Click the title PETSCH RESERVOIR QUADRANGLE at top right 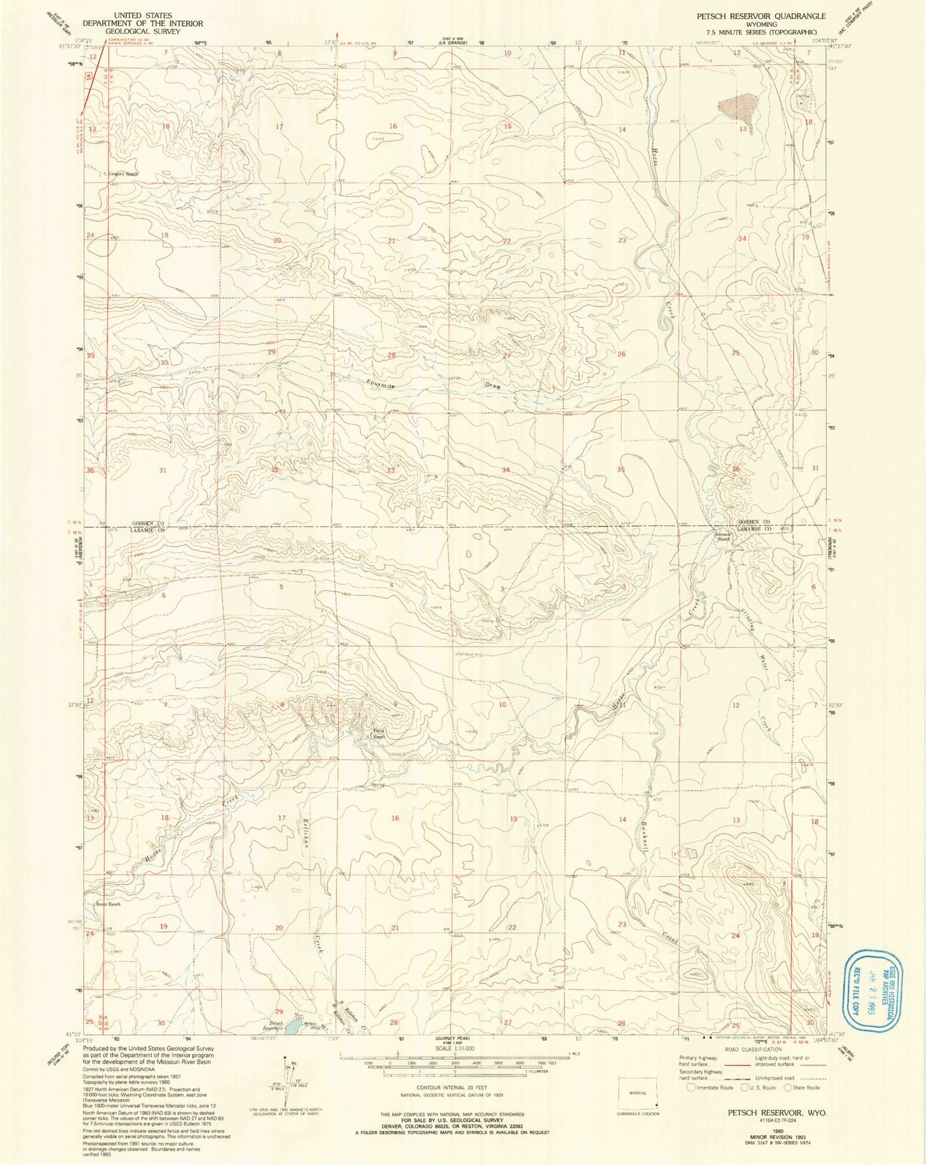[x=761, y=15]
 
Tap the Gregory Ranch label [x=122, y=174]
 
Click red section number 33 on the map [x=390, y=470]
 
